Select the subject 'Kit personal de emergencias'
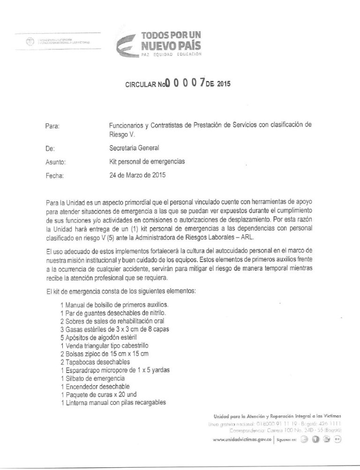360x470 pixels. (x=146, y=162)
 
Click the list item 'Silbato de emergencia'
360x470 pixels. (x=92, y=378)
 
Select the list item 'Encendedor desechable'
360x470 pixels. (x=94, y=386)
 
